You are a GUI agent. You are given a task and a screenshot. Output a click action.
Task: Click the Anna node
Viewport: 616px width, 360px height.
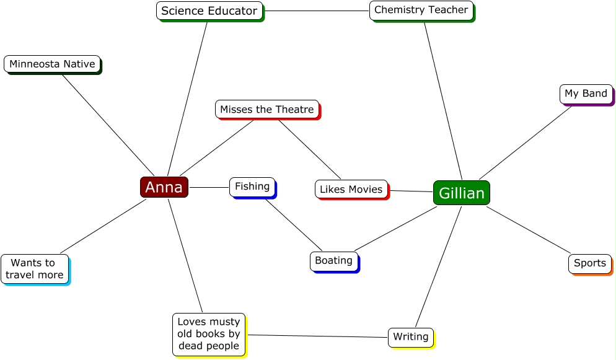pos(164,187)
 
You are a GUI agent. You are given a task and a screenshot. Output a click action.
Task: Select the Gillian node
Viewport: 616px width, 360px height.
pos(462,193)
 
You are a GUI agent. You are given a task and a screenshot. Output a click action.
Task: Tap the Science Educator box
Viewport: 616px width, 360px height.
pos(209,11)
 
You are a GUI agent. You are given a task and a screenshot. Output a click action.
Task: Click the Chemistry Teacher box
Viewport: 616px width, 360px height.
pos(421,10)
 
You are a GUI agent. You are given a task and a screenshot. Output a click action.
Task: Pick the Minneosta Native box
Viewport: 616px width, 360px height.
pos(52,64)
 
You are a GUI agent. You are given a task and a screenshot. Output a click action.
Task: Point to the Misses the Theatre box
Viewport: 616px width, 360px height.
pos(267,109)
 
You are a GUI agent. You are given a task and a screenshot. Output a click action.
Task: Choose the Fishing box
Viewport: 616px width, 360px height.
pos(252,187)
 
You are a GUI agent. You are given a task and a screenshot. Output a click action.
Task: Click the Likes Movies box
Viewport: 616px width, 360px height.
pos(351,189)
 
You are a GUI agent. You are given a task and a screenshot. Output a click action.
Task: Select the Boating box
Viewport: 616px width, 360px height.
pos(334,261)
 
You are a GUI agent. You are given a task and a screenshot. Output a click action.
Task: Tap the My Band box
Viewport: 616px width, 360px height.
pos(586,94)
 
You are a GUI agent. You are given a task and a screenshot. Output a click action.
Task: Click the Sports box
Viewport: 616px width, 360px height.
pos(590,263)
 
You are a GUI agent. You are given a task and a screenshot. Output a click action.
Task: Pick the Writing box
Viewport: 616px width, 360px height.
pos(411,337)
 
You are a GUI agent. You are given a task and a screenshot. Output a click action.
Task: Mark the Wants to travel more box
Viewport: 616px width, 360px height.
pos(35,269)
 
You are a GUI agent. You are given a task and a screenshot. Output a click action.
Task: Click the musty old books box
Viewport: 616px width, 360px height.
pos(209,334)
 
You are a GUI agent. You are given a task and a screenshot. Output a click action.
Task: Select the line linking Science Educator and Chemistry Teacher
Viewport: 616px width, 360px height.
pos(317,11)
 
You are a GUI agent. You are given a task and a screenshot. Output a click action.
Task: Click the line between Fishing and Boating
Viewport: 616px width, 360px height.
pos(294,225)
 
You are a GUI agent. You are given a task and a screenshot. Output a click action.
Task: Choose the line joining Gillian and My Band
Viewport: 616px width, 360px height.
pos(526,143)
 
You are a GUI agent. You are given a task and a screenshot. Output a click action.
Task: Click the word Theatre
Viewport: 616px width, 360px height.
pos(295,109)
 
